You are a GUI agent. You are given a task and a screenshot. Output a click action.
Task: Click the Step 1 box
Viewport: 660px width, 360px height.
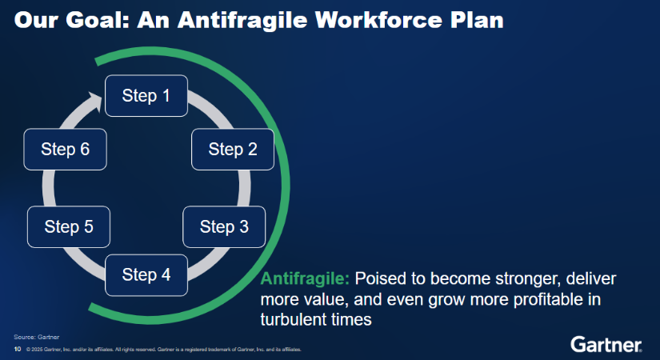pos(146,95)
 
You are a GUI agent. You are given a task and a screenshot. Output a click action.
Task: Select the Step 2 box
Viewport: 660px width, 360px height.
pos(233,150)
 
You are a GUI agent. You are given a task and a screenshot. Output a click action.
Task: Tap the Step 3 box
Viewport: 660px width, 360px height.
pos(224,227)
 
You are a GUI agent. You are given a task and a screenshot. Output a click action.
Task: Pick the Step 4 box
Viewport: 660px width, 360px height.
pos(146,275)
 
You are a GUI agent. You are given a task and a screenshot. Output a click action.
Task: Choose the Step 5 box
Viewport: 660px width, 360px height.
pos(69,227)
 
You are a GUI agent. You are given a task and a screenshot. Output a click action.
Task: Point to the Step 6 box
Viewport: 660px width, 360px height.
pos(66,150)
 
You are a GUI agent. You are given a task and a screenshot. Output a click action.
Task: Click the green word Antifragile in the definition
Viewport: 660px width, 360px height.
pos(305,278)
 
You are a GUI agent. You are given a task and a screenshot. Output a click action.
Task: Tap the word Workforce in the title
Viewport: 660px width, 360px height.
pos(378,20)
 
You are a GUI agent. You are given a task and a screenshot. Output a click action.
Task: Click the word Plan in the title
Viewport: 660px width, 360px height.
pos(477,20)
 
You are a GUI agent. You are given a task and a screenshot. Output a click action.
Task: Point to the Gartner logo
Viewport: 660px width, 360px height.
pos(606,345)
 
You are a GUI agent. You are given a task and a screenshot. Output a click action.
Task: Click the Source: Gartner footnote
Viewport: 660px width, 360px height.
pos(37,337)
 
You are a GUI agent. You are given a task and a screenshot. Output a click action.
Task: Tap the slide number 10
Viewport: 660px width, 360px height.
pos(18,349)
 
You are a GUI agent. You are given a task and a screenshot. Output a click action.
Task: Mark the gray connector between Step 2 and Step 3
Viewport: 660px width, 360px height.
pos(244,188)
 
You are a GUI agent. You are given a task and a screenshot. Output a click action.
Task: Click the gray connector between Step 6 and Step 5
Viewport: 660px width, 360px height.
pos(49,188)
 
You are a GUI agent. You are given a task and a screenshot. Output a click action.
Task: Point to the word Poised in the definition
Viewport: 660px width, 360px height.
pos(380,278)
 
